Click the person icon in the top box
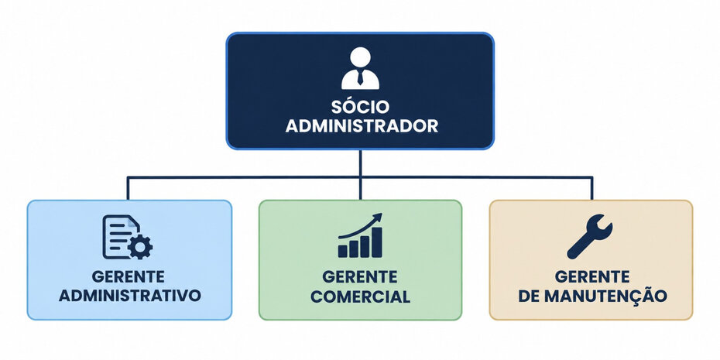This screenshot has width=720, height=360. [x=360, y=68]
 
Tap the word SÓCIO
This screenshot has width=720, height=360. [x=360, y=107]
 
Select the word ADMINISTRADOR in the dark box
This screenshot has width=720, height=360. [x=362, y=126]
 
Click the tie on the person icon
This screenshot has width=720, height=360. [x=360, y=77]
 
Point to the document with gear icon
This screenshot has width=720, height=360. [x=128, y=237]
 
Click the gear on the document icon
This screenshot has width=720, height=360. [x=140, y=247]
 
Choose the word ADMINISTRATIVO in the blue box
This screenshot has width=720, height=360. [x=129, y=296]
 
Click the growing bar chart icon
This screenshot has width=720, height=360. [x=360, y=235]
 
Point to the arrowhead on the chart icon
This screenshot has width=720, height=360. [x=378, y=217]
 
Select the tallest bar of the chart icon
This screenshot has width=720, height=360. [x=376, y=242]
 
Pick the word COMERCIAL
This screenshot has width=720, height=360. [x=360, y=297]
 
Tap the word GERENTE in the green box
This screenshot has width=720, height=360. [x=360, y=277]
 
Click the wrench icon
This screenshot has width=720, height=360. [x=590, y=236]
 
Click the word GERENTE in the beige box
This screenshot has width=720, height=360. [x=592, y=276]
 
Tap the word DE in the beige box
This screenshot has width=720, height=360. [x=529, y=297]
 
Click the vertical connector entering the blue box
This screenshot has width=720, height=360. [x=128, y=188]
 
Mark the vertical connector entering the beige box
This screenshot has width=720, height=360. [x=592, y=188]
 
